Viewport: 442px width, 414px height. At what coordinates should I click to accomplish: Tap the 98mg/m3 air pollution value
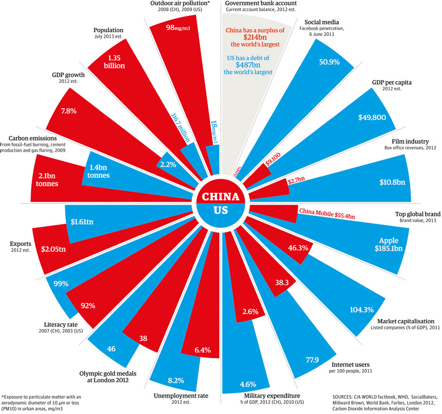168,28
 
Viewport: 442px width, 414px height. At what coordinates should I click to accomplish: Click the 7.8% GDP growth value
69,111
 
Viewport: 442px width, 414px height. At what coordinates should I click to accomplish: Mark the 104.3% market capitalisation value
362,310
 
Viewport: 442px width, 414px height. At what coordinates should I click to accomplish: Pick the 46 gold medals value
111,349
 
